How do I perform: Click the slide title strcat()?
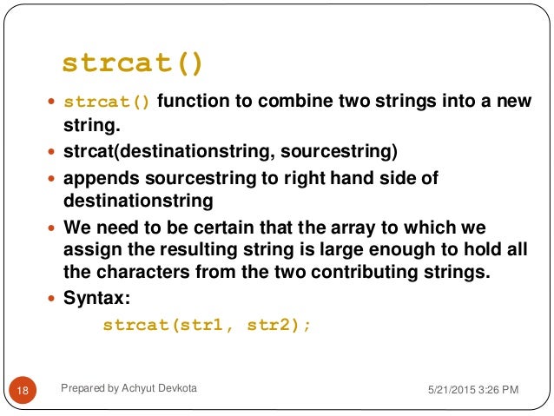(133, 64)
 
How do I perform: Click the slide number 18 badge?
(23, 392)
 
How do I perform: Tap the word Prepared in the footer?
(85, 388)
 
